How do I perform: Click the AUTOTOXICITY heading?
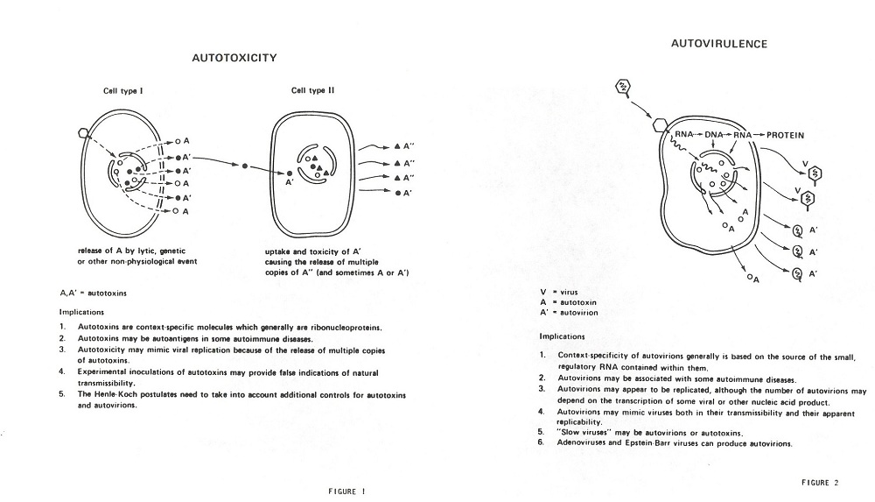point(234,58)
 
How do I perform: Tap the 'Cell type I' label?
point(125,90)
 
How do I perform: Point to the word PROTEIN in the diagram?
point(785,135)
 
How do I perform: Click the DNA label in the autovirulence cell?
point(717,135)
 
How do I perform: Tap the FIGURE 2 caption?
point(819,482)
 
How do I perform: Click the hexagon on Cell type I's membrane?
point(84,133)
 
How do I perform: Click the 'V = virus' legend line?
point(559,291)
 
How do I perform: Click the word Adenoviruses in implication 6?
point(587,443)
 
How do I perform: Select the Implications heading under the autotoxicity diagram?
point(81,311)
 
